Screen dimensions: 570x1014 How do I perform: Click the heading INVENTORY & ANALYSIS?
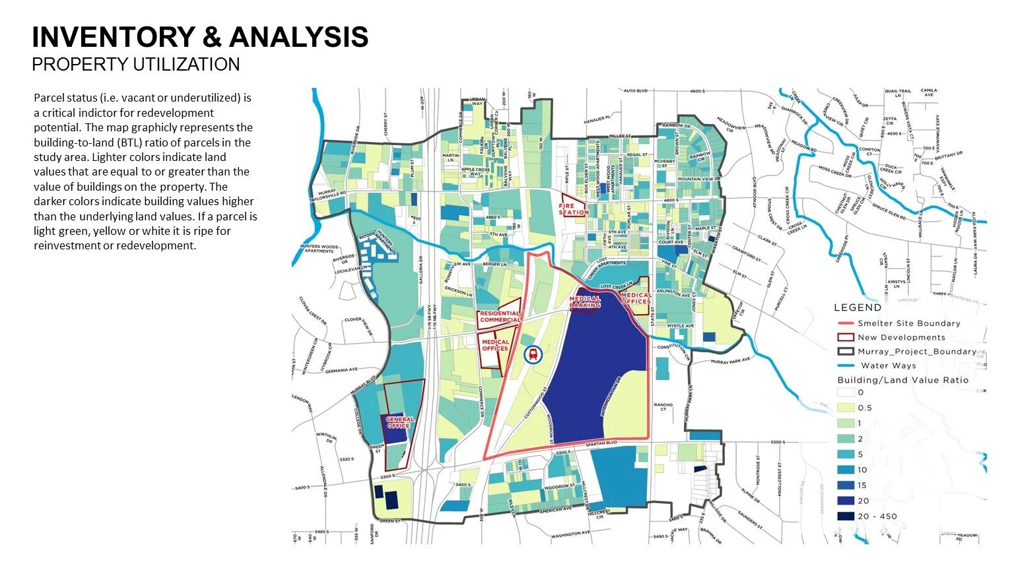(200, 38)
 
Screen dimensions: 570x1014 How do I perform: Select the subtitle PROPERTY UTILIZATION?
(135, 65)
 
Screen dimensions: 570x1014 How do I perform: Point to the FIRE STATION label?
(573, 209)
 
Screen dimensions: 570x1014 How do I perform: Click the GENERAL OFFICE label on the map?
(399, 422)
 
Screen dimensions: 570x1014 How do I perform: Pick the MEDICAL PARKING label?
(585, 302)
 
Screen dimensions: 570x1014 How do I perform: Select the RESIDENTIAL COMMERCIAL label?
(500, 317)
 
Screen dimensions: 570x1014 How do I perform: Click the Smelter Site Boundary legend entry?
(908, 323)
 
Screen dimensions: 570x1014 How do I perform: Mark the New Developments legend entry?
(901, 337)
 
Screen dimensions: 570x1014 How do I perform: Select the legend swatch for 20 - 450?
(846, 516)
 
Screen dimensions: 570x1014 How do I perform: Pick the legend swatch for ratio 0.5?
(846, 408)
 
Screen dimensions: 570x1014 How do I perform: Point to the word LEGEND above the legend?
(858, 307)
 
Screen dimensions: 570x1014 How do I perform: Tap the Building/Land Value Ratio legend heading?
(902, 380)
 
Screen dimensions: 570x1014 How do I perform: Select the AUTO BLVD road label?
(638, 91)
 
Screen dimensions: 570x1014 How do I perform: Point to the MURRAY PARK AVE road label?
(731, 361)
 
